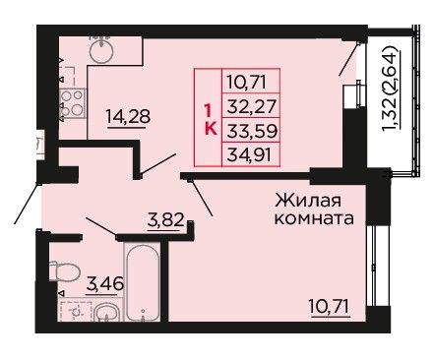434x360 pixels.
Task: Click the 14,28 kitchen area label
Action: pos(128,117)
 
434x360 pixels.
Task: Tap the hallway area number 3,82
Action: pos(165,220)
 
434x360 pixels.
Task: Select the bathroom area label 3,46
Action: pos(105,284)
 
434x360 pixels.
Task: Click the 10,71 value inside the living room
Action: pos(330,306)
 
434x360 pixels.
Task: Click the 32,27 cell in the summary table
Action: pos(251,105)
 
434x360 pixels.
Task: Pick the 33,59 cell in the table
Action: pos(251,130)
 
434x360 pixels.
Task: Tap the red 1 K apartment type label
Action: pos(210,119)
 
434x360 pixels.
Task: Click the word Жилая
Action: pos(308,201)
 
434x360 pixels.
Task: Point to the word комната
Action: pos(314,218)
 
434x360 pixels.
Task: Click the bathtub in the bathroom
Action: pos(143,282)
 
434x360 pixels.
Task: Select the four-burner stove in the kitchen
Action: pos(73,103)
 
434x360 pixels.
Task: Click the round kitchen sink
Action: pos(101,51)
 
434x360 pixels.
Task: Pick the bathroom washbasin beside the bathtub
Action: pos(106,312)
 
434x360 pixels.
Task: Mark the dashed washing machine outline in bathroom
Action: pos(76,310)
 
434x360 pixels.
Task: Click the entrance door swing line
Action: pos(27,204)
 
